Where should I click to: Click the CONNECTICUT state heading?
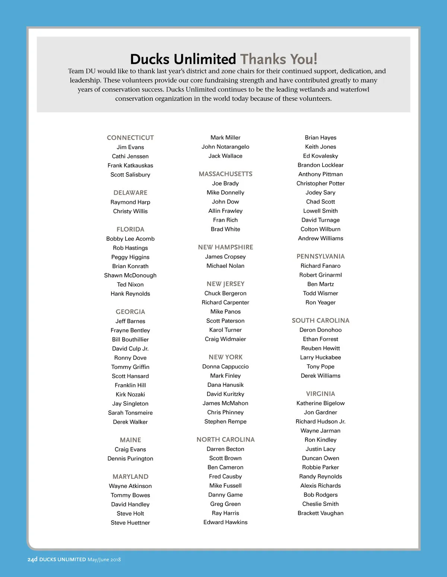130,138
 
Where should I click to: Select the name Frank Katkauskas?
130,166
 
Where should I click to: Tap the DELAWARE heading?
130,193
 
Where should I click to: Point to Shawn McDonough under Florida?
130,275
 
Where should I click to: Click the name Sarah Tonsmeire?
130,413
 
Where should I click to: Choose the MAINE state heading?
130,440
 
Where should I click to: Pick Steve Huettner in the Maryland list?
130,523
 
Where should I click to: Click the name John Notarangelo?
225,147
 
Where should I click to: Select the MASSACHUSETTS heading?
225,174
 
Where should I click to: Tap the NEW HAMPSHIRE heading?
225,247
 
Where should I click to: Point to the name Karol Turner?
225,330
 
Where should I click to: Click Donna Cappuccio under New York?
225,366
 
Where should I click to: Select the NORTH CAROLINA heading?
225,440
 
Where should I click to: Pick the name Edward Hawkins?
225,522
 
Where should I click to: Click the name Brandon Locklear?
320,165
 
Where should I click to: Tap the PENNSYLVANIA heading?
320,256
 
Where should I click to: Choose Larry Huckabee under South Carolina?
320,358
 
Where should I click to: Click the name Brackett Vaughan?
320,513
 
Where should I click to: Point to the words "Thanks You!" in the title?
279,59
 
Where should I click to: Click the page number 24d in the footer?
32,560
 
